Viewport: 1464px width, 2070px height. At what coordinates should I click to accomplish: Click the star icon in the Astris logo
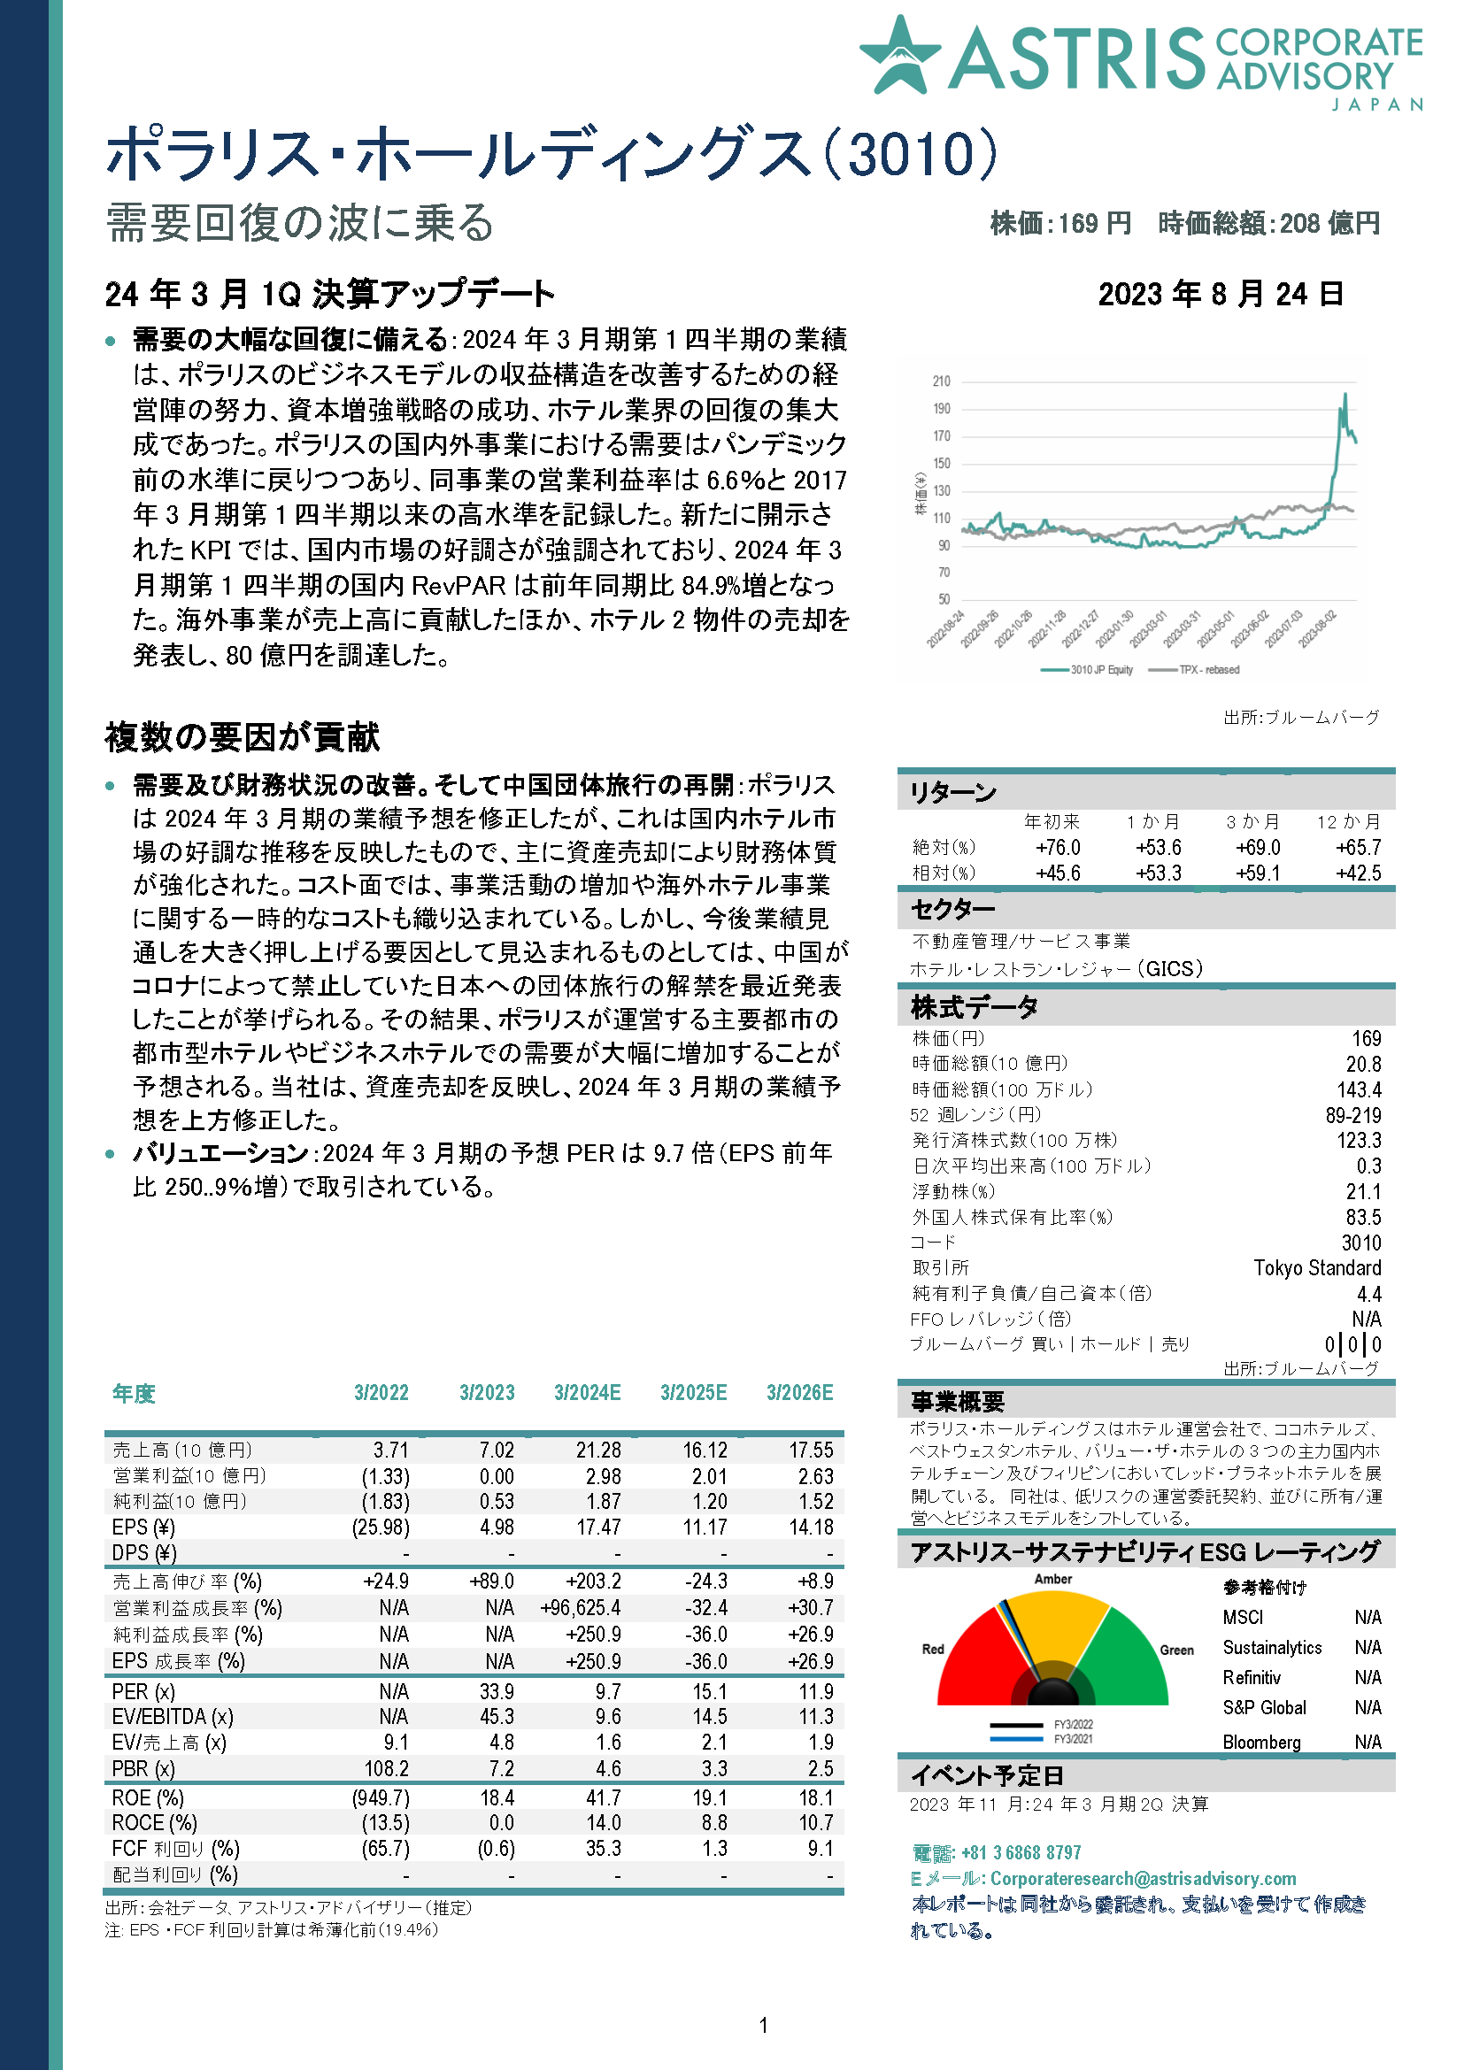899,56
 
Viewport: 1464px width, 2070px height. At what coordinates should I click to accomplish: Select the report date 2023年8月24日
1221,294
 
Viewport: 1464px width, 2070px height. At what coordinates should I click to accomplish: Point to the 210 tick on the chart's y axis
941,381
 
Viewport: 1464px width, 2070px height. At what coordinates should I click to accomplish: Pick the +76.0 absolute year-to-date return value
1058,848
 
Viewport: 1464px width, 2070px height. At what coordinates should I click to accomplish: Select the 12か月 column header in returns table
1348,821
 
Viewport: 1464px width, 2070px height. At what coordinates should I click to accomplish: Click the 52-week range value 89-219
1352,1115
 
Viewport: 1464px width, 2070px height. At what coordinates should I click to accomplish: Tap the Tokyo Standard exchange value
1316,1267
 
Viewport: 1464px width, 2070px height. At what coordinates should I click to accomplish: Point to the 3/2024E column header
587,1393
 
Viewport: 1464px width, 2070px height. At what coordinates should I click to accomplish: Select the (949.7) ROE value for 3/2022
381,1797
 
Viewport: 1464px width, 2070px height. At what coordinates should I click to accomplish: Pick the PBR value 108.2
386,1768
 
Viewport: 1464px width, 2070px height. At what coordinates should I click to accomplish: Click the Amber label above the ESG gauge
1053,1579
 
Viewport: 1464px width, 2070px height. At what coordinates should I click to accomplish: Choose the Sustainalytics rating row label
1271,1648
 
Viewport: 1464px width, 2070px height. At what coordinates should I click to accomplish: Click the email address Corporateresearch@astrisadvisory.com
1142,1879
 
